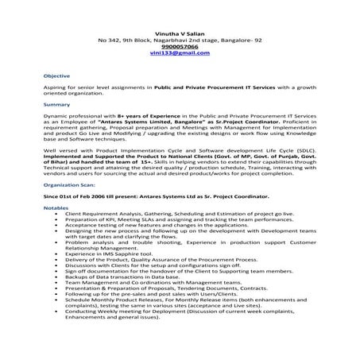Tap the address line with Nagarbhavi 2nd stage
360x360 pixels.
coord(180,38)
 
